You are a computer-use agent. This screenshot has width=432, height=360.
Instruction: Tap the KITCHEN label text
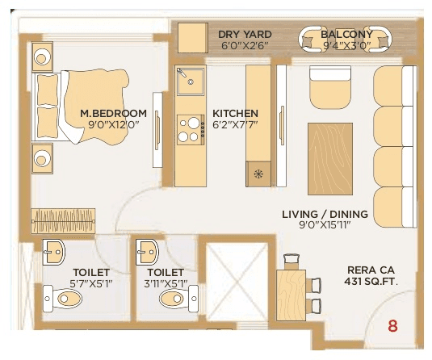[235, 112]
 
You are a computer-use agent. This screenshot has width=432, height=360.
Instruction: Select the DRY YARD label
[245, 34]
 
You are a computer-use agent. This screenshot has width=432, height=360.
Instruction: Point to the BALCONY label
[346, 34]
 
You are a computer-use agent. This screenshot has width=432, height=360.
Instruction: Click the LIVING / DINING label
[325, 214]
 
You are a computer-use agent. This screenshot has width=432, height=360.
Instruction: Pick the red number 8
[393, 326]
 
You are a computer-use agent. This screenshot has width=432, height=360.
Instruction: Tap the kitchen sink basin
[192, 82]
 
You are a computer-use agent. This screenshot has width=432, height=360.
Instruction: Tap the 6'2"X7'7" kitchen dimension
[235, 125]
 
